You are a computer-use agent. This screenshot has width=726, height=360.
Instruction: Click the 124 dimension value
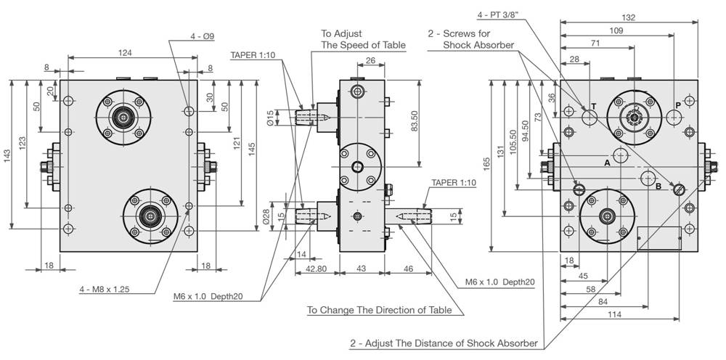click(125, 53)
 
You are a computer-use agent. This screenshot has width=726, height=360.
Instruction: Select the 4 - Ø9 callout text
click(203, 36)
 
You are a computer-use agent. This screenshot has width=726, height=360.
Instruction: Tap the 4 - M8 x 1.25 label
click(104, 290)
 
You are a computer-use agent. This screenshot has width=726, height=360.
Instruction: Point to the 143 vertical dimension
click(8, 155)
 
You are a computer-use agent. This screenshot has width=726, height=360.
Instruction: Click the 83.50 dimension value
click(415, 121)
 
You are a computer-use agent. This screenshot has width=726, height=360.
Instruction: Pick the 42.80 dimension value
click(317, 269)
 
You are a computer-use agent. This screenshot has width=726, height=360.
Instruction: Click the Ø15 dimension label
click(272, 117)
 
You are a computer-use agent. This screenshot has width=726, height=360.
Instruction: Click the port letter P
click(678, 105)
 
